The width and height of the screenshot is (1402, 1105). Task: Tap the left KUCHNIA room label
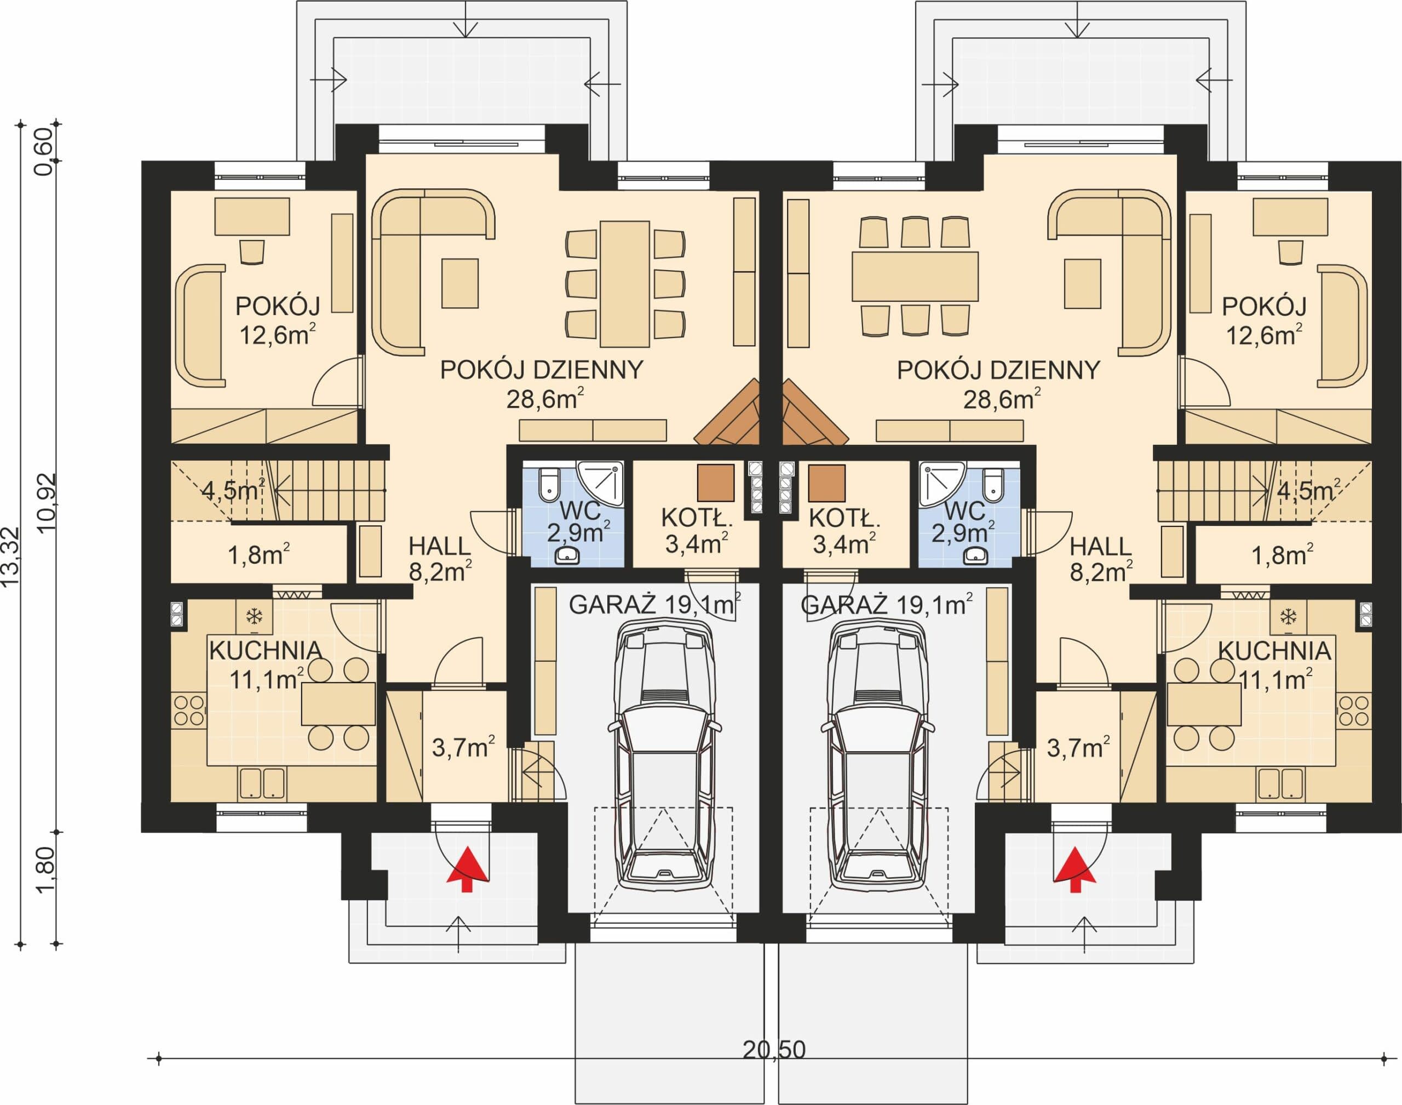(x=266, y=650)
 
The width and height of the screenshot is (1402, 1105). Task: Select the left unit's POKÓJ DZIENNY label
(x=542, y=369)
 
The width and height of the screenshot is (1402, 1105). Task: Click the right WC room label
(x=964, y=511)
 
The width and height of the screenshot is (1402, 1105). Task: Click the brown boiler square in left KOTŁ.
(x=716, y=483)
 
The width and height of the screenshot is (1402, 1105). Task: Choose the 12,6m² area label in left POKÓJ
(x=278, y=335)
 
